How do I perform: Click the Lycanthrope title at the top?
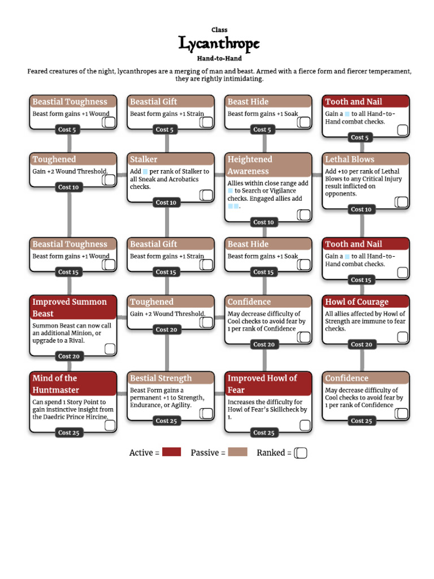click(219, 44)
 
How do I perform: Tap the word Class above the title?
click(219, 30)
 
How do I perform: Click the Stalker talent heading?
click(144, 159)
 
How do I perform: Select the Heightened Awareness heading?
click(250, 165)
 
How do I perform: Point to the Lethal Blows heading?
click(349, 159)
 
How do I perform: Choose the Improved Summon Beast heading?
click(70, 308)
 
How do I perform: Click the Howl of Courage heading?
click(357, 302)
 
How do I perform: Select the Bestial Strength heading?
click(161, 378)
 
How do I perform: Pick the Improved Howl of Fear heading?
click(262, 384)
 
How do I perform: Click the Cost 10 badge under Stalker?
click(166, 202)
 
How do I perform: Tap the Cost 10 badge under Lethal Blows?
click(361, 209)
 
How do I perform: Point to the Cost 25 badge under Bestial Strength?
click(166, 421)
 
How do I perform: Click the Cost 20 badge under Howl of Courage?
click(361, 344)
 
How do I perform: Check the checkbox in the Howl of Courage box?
click(402, 337)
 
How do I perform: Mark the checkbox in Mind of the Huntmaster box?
click(110, 425)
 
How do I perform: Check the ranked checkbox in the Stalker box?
click(206, 195)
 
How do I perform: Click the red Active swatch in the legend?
click(172, 452)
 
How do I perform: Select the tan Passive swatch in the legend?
click(238, 452)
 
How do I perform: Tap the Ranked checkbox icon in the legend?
click(301, 453)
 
